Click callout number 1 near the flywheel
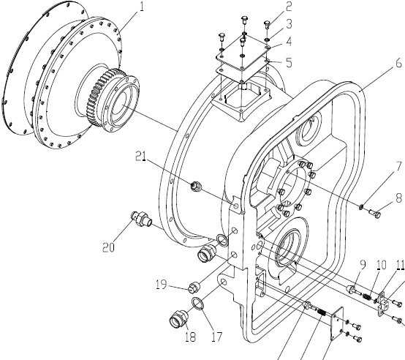click(x=141, y=7)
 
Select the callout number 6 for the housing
click(x=399, y=63)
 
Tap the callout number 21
click(x=141, y=156)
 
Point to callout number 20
click(x=108, y=247)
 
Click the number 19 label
click(x=161, y=285)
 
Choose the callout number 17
click(x=217, y=337)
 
